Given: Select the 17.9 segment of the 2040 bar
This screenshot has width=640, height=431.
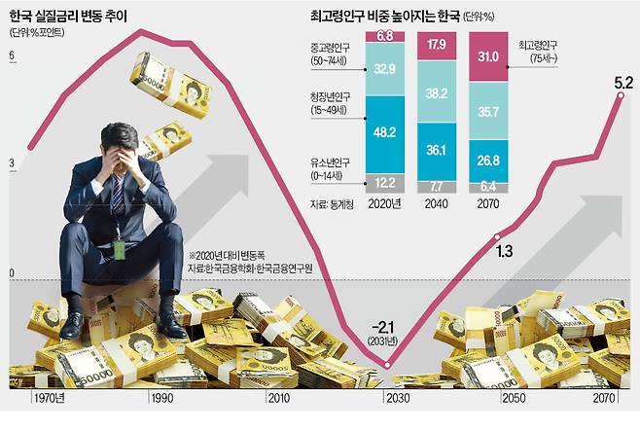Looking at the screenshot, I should pos(437,45).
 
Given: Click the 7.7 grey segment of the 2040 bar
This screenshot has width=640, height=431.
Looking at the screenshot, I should pos(437,184).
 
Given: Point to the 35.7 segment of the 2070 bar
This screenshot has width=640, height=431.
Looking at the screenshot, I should pos(489,114).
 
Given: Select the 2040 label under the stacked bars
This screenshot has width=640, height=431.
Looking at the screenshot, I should pos(437,205).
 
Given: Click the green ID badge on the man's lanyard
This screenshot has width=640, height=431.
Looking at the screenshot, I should pos(119,250).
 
